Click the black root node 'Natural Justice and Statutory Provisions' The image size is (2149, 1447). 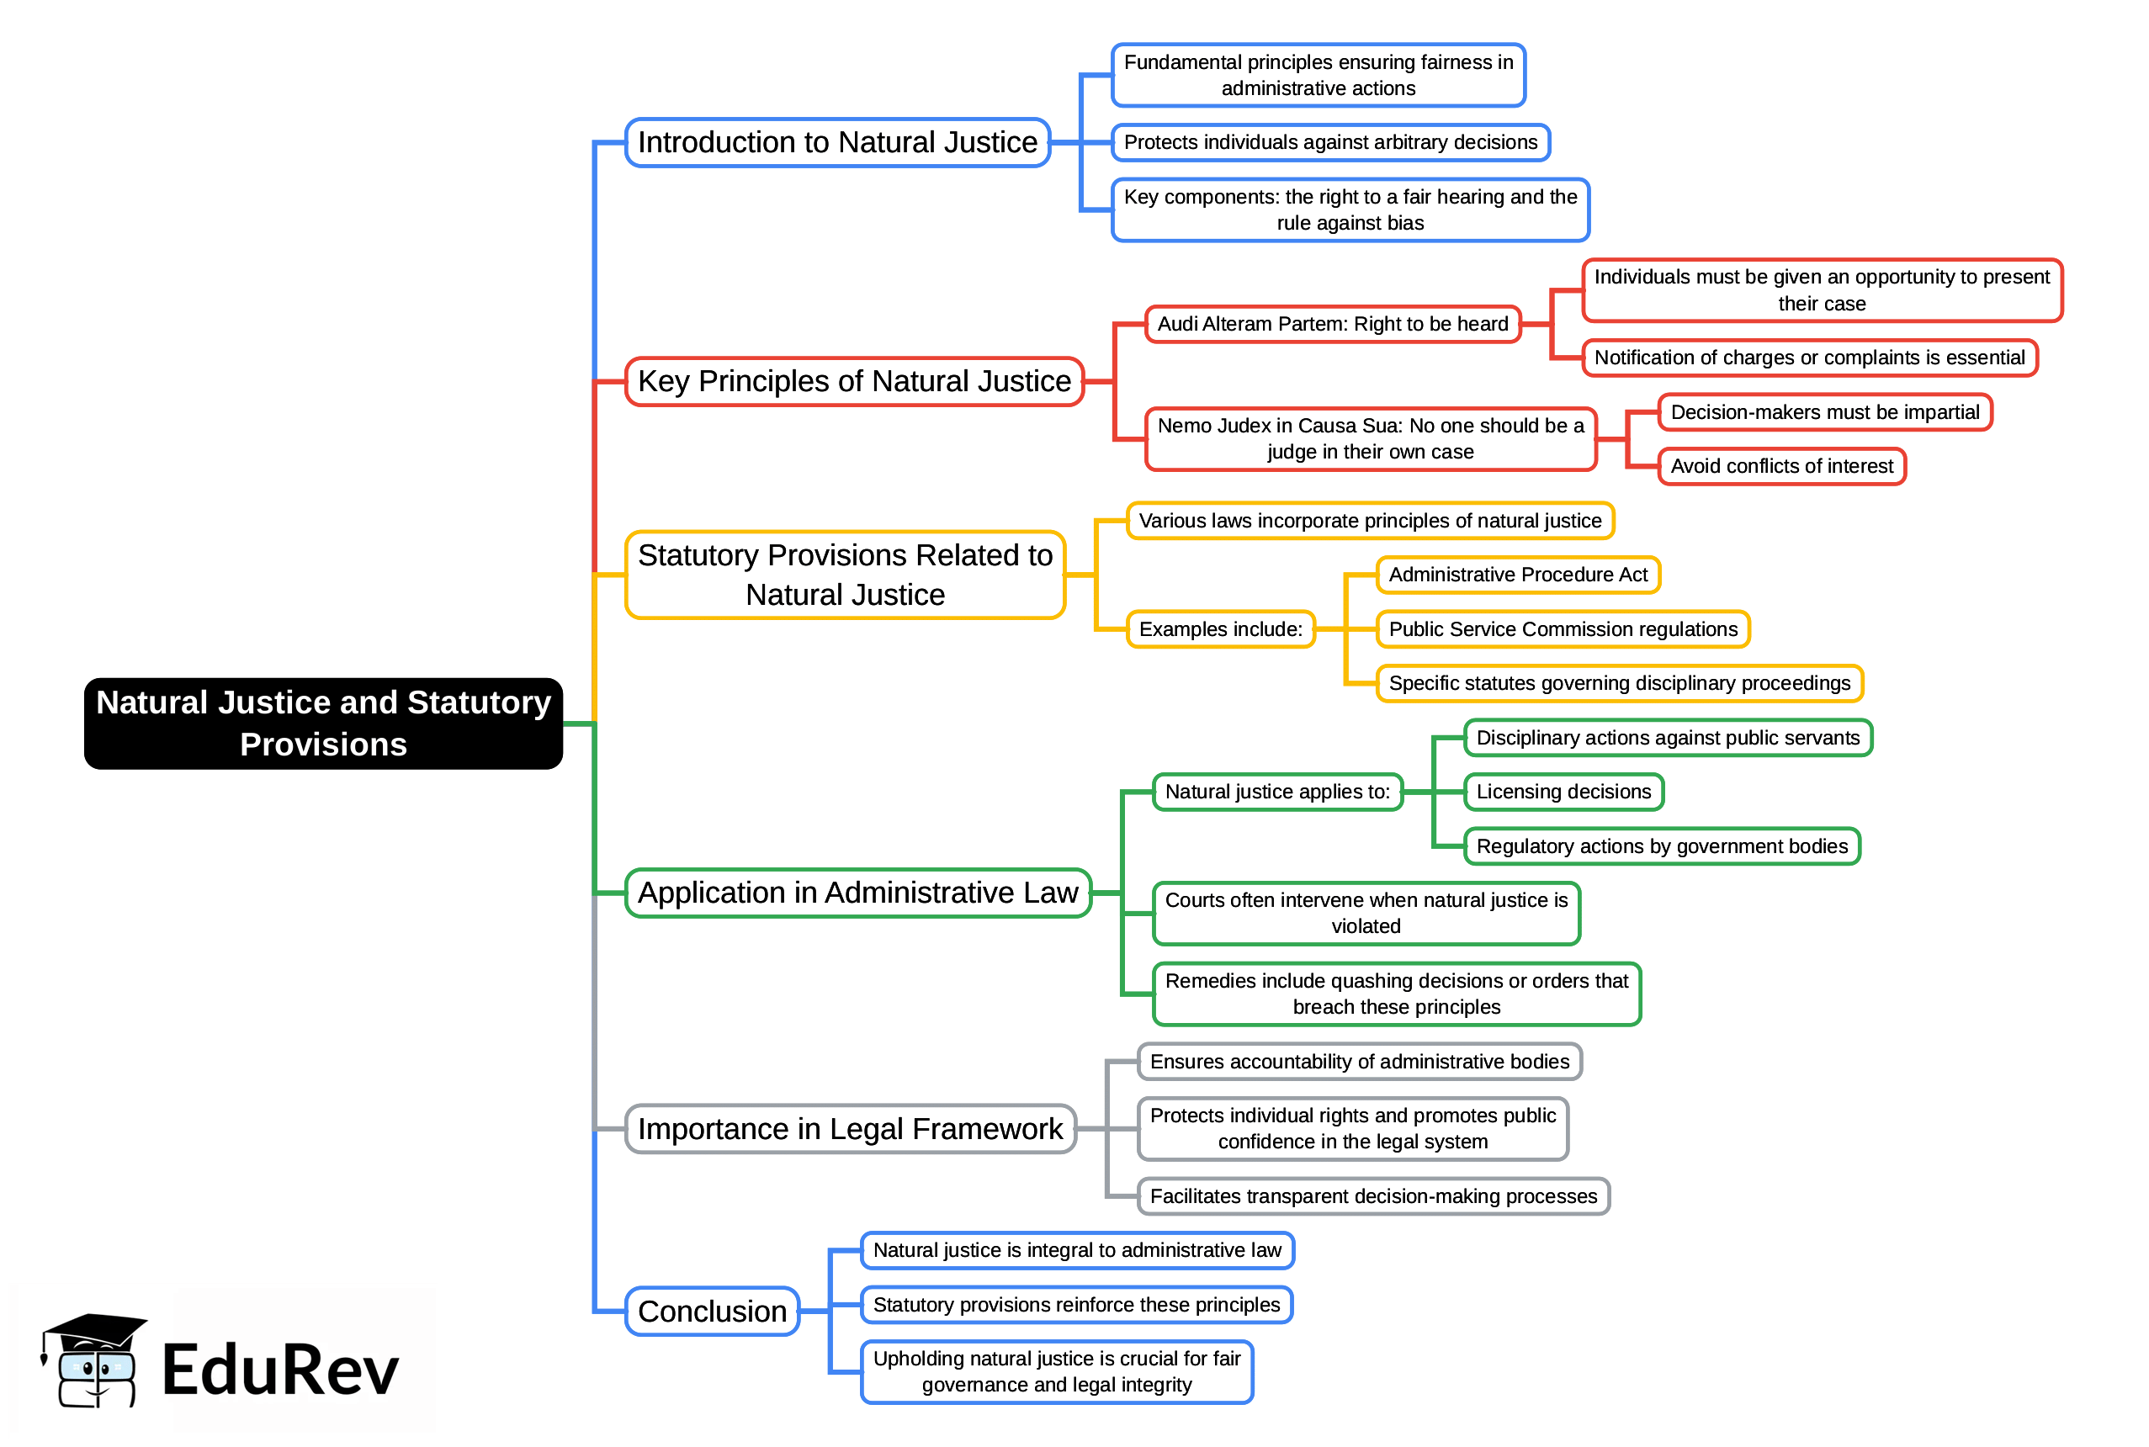click(323, 723)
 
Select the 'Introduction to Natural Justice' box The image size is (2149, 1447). click(837, 142)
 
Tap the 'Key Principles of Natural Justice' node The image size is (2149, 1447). click(853, 381)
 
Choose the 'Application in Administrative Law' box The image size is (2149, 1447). click(857, 893)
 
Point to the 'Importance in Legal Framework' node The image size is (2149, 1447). click(850, 1129)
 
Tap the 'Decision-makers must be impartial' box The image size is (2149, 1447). click(1824, 411)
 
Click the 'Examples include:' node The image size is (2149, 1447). click(1220, 629)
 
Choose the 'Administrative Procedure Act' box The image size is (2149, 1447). click(1518, 575)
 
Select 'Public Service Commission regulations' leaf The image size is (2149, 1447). click(1563, 629)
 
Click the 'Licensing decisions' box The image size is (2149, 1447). click(1563, 792)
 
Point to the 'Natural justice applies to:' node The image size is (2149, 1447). click(1277, 792)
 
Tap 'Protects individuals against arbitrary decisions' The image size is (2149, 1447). click(1329, 142)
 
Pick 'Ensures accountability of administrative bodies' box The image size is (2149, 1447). click(1359, 1061)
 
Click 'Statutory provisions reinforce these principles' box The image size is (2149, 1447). click(1076, 1304)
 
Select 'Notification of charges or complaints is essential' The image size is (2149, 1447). click(1808, 358)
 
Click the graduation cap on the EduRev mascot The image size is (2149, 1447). click(95, 1330)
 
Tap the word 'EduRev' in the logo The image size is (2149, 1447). click(279, 1370)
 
